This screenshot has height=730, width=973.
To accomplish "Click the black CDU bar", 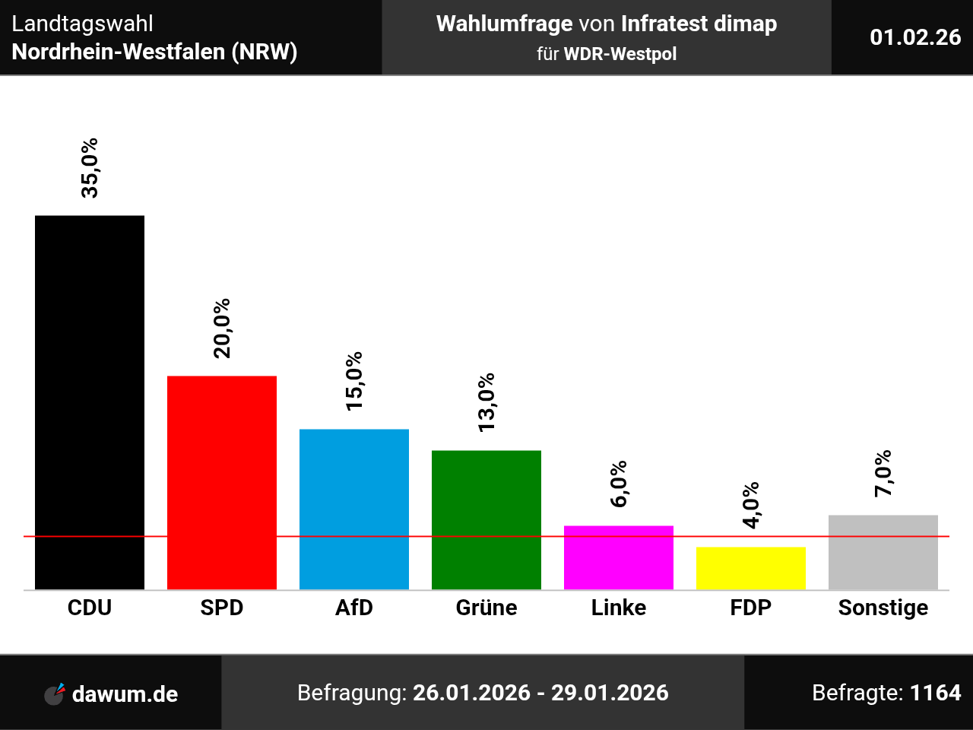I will coord(90,402).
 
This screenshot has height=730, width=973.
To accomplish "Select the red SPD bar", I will coord(222,482).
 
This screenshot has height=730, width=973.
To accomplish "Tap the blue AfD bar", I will coord(354,509).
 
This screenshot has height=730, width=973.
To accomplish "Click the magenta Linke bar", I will coord(619,557).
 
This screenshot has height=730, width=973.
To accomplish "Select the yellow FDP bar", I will coord(751,568).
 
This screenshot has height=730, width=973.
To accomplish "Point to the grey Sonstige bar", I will coord(883,552).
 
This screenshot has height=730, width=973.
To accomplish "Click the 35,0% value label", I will coord(90,168).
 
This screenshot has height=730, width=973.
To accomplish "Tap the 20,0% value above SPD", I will coord(222,328).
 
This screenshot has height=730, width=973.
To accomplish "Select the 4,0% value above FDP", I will coord(751,505).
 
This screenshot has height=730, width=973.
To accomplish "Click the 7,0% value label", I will coord(883,474).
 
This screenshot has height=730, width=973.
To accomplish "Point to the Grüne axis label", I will coord(486,608).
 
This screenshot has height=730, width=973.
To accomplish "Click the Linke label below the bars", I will coord(619,608).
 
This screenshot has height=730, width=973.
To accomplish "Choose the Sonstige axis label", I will coord(883,608).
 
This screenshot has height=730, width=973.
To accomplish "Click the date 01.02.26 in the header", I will coord(915,37).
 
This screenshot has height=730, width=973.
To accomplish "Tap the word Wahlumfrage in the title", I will coord(504,24).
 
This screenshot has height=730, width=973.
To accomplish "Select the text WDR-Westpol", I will coord(620,54).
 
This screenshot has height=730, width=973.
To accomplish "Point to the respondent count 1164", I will coord(935,693).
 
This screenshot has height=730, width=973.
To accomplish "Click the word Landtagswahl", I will coord(82,24).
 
